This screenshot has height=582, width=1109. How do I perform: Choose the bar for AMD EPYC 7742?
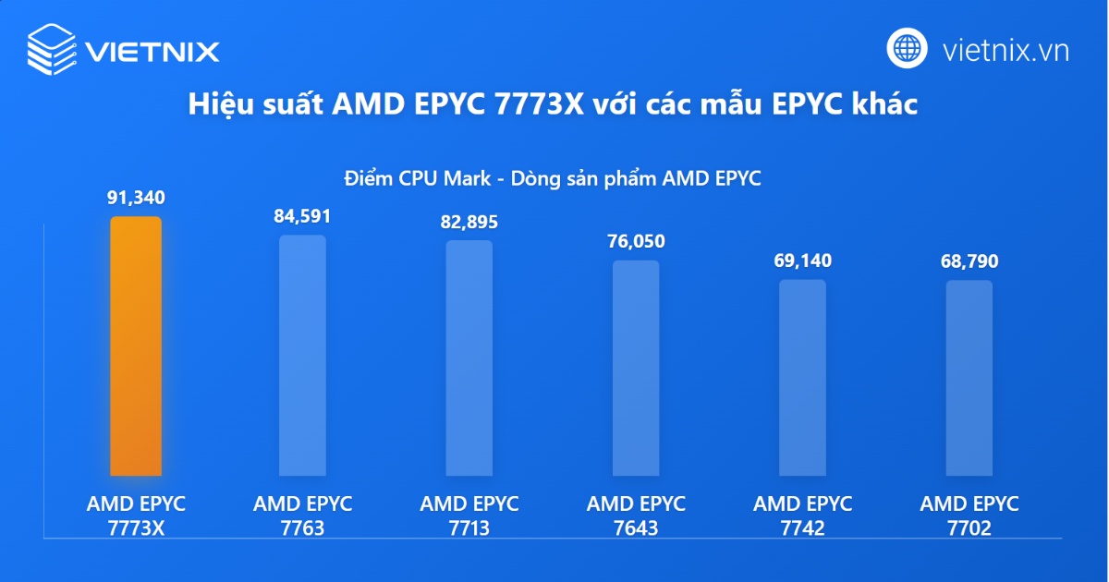pos(802,378)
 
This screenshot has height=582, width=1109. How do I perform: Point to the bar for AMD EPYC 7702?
pos(969,378)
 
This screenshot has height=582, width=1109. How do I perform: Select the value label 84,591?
pos(302,216)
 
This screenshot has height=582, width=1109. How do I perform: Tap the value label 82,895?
pos(469,222)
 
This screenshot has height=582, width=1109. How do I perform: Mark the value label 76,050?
pos(636,241)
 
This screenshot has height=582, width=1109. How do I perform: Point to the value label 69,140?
pos(802,261)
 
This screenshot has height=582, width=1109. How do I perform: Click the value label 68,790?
pos(969,261)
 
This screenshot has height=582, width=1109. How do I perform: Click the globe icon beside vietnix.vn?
pos(908,48)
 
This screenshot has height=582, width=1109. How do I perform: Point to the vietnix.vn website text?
pos(1005,50)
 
